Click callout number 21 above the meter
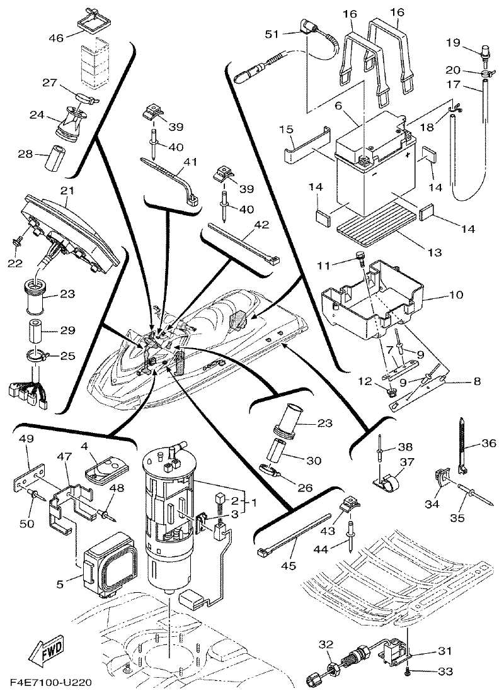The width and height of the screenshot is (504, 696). (x=67, y=189)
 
